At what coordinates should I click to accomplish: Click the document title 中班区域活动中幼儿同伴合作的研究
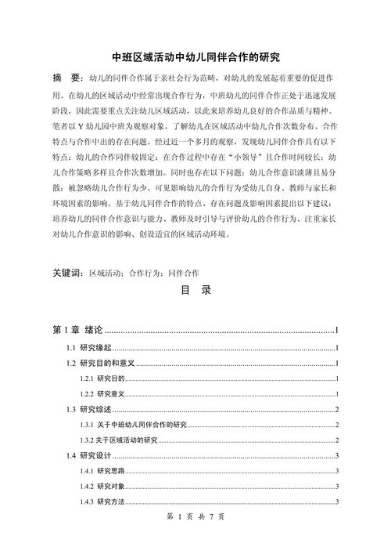[195, 57]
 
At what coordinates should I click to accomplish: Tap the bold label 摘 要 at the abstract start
[68, 79]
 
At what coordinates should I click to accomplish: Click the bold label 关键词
[67, 273]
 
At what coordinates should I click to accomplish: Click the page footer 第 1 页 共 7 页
[195, 518]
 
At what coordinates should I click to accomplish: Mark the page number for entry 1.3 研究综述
[335, 409]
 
